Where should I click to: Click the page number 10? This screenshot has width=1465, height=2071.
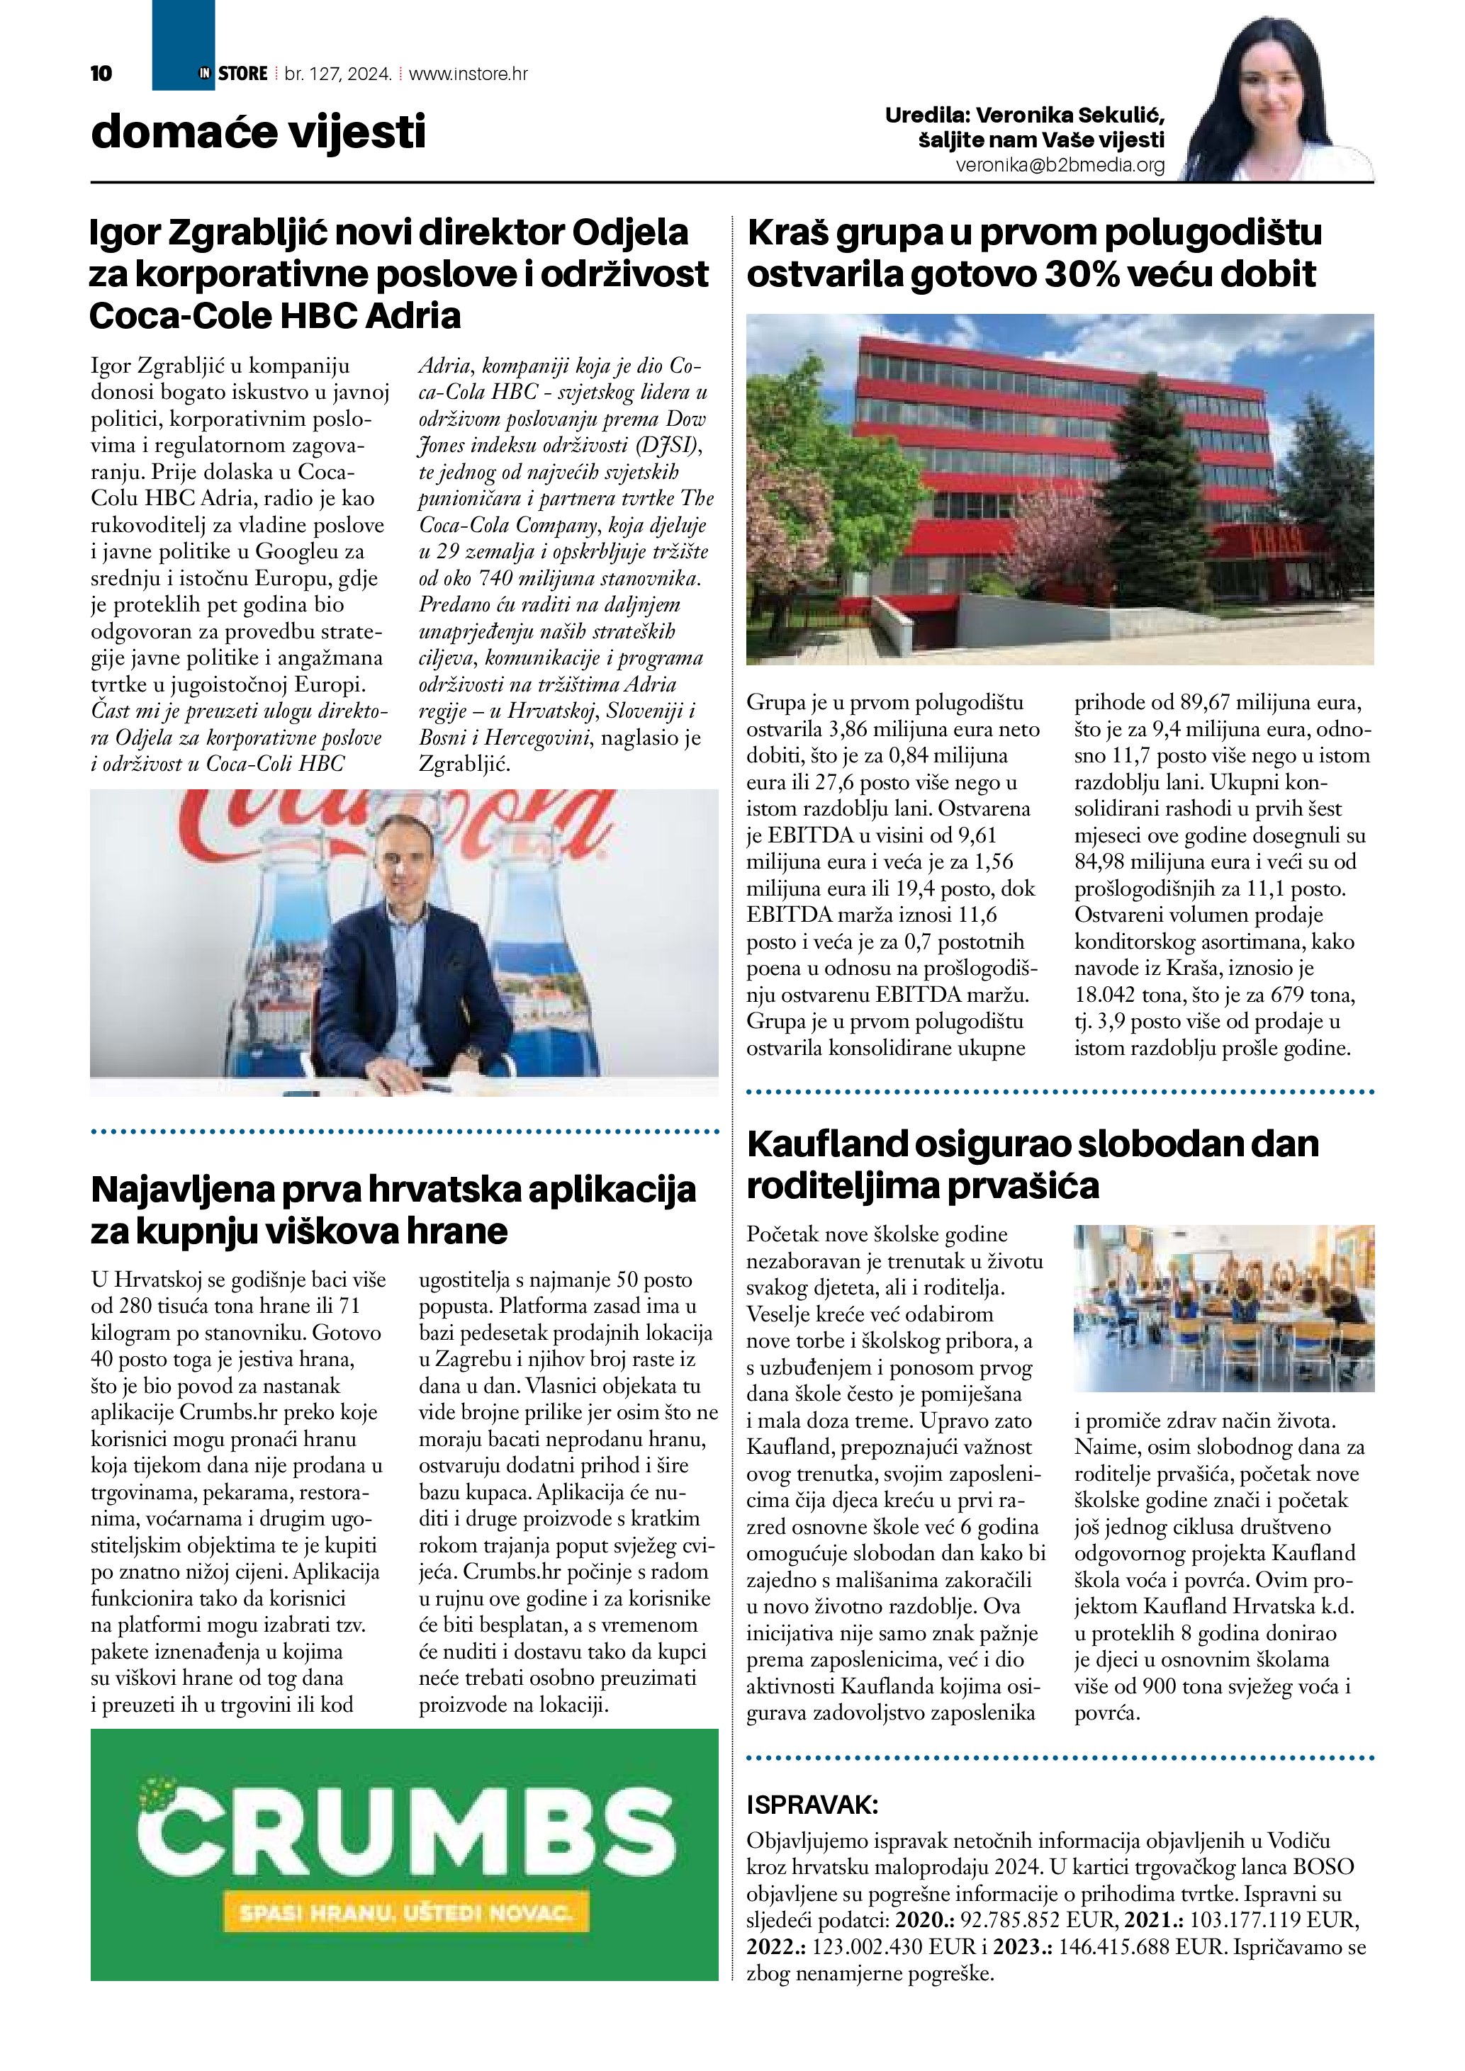point(101,74)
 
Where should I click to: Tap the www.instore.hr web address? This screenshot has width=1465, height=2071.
point(468,74)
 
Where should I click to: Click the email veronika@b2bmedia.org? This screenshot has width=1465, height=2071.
point(1060,166)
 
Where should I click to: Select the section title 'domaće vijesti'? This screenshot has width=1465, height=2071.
point(258,132)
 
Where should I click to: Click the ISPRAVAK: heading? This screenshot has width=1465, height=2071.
point(812,1805)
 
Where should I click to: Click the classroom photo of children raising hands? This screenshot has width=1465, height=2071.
point(1223,1308)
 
